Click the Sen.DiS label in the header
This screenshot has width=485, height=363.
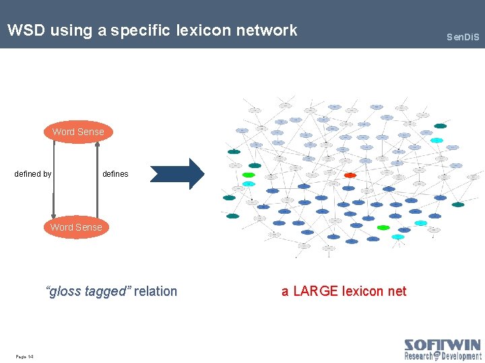(x=463, y=36)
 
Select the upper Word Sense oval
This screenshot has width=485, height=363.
(x=78, y=132)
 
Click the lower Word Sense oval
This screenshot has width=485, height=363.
(x=76, y=227)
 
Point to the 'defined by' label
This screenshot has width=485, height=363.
(x=33, y=174)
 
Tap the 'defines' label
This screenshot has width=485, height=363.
(x=115, y=174)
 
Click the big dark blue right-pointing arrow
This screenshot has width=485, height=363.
(x=176, y=174)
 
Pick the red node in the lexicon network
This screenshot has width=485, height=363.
(x=350, y=175)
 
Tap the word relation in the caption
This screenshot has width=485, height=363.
(x=156, y=291)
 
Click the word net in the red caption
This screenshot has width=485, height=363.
(x=397, y=291)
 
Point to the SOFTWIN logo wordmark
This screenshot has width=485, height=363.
(x=443, y=346)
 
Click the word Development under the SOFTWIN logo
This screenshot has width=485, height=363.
(x=461, y=356)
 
